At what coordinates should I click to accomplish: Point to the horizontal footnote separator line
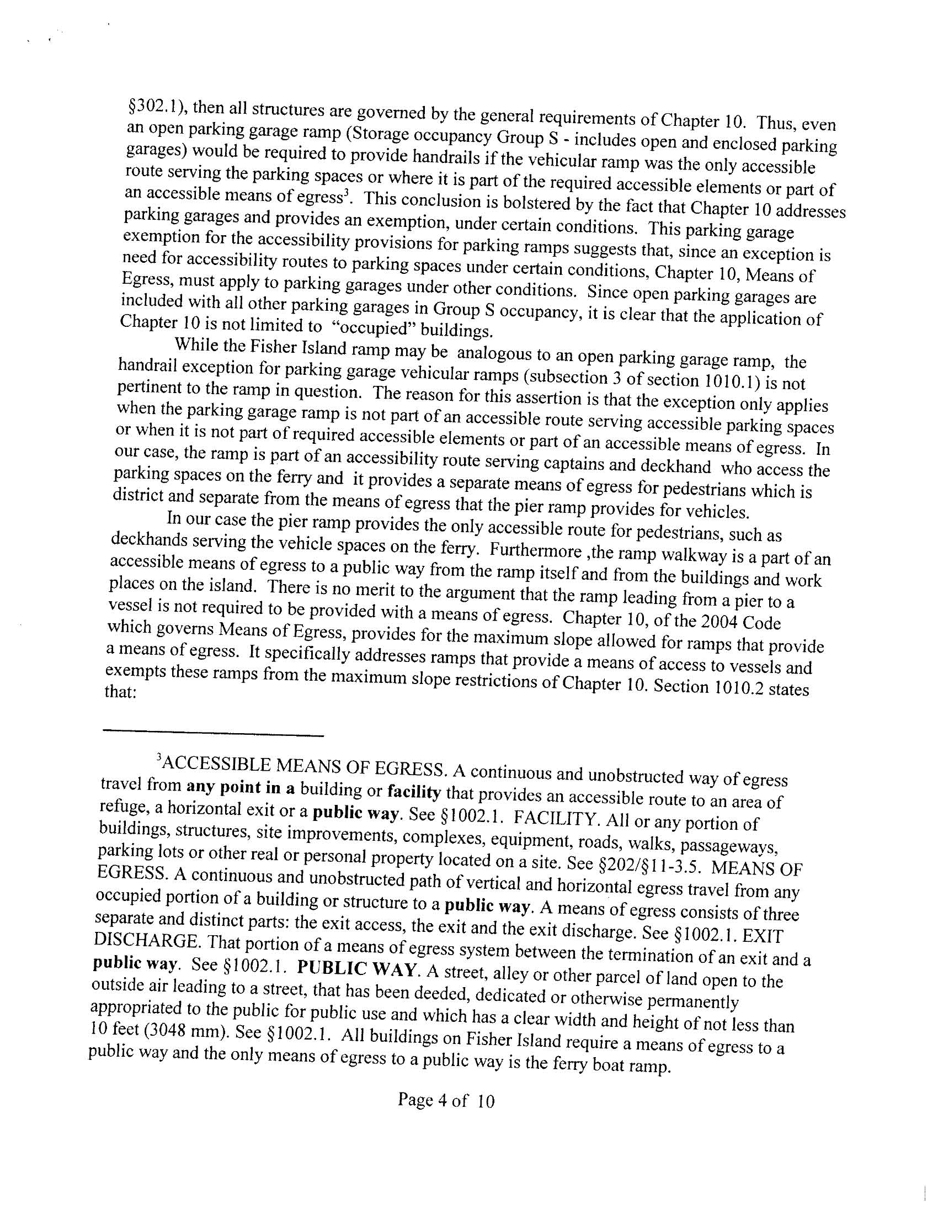[x=214, y=736]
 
